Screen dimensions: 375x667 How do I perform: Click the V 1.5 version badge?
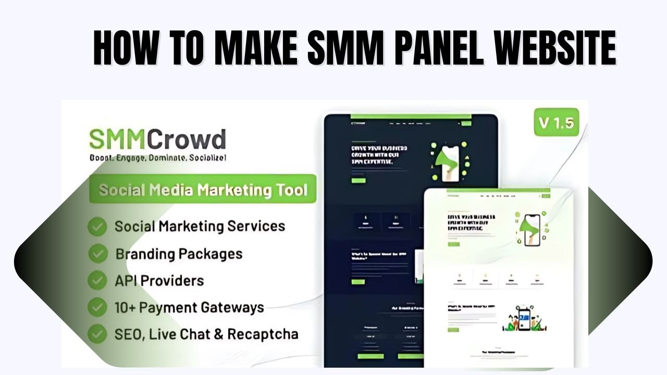coord(556,123)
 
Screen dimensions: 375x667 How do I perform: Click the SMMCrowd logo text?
coord(157,139)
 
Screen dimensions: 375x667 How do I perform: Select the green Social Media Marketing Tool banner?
coord(203,189)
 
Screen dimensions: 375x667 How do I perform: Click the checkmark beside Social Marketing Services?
coord(97,227)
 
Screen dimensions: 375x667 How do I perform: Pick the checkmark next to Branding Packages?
coord(97,254)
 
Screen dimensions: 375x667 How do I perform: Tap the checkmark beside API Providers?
coord(97,281)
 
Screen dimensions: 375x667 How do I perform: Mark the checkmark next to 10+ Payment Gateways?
coord(97,307)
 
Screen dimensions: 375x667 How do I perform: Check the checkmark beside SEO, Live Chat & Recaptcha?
coord(97,334)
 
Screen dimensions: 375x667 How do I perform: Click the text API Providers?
coord(159,281)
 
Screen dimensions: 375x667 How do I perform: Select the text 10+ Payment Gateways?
coord(189,307)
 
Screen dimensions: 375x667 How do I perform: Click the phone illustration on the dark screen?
coord(449,159)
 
